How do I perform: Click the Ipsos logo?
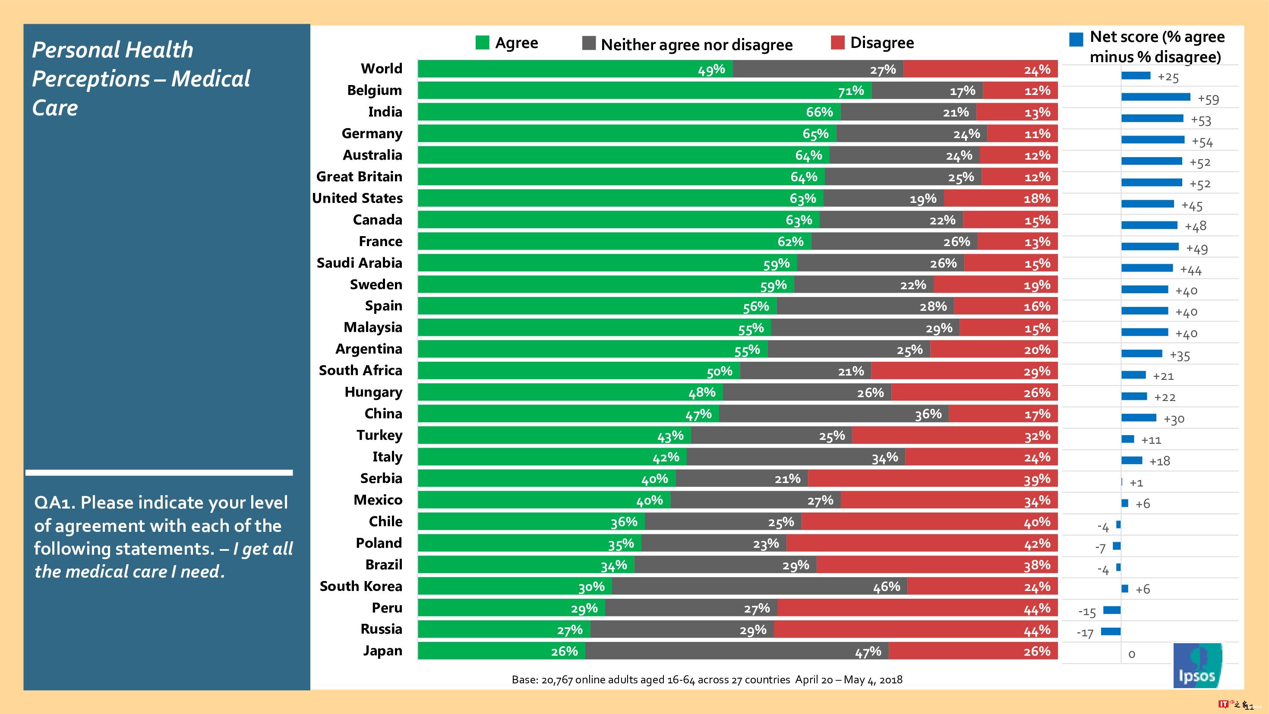coord(1197,665)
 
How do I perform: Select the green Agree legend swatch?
coord(482,43)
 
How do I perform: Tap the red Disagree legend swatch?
coord(837,43)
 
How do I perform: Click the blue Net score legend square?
coord(1076,39)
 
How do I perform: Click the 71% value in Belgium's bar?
coord(851,91)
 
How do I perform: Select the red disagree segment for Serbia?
coord(932,478)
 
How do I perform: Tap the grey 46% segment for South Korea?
coord(759,586)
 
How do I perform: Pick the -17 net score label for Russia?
coord(1085,633)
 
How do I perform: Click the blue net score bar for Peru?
coord(1112,610)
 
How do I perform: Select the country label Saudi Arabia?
coord(359,262)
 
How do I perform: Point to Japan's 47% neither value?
coord(868,652)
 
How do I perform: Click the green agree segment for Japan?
coord(502,651)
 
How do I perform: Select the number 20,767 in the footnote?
coord(557,680)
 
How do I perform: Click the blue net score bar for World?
coord(1136,76)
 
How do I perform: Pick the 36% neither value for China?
coord(928,414)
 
